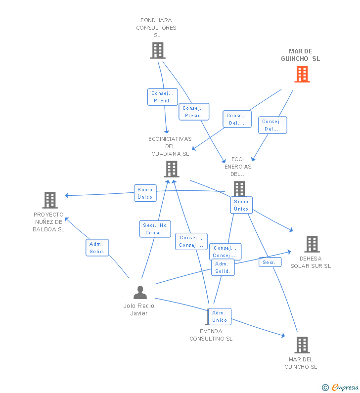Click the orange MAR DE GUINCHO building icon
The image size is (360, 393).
tap(302, 74)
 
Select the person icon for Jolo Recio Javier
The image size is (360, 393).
tap(140, 293)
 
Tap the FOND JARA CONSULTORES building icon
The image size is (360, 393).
tap(158, 50)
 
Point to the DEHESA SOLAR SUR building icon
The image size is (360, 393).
tap(312, 244)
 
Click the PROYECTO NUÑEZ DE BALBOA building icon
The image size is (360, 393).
tap(50, 200)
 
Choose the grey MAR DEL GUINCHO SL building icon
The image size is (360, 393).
tap(302, 345)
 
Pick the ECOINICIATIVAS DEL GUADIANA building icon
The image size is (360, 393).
tap(172, 169)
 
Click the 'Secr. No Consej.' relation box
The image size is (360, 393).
tap(155, 229)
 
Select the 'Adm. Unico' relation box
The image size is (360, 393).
tap(220, 316)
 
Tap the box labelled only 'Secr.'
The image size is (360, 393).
tap(270, 262)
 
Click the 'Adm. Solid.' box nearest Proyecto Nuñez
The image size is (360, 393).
tap(97, 248)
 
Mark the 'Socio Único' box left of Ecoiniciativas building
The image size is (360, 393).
tap(145, 193)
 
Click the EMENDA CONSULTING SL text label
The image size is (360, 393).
tap(211, 335)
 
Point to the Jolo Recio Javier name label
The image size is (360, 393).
tap(139, 309)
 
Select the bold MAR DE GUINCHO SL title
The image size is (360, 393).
tap(301, 55)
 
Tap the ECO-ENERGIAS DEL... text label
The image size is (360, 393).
tap(238, 167)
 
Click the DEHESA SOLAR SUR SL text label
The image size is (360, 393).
tap(311, 262)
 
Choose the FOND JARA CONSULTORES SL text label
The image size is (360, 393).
tap(156, 28)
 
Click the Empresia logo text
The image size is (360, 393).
tap(345, 387)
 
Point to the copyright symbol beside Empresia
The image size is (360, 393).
tap(325, 388)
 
